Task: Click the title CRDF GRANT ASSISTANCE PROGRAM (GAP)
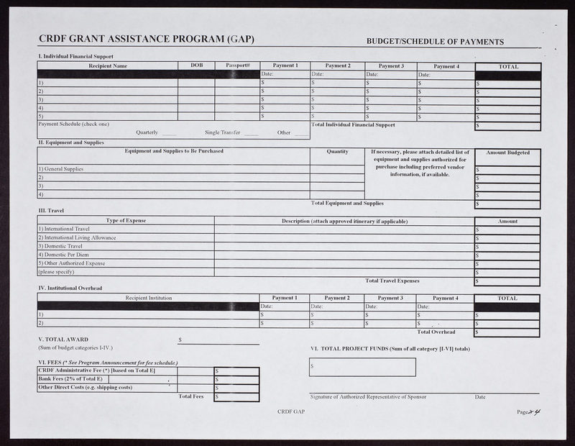point(147,40)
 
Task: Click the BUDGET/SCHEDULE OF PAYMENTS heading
point(435,42)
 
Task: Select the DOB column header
point(196,65)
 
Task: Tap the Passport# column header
point(237,65)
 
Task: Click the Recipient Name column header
point(108,66)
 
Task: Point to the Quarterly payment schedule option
point(148,132)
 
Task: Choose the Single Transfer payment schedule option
point(222,132)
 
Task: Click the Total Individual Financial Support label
point(353,125)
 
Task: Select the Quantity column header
point(337,152)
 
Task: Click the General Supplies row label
point(60,169)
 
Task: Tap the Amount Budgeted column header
point(507,153)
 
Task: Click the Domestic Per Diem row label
point(63,255)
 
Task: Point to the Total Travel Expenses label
point(392,281)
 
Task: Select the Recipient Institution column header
point(149,298)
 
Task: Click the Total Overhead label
point(436,332)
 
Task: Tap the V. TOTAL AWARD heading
point(63,339)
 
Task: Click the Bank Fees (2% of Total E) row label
point(70,378)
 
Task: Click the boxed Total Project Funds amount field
point(362,367)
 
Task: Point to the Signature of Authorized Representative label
point(368,397)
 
